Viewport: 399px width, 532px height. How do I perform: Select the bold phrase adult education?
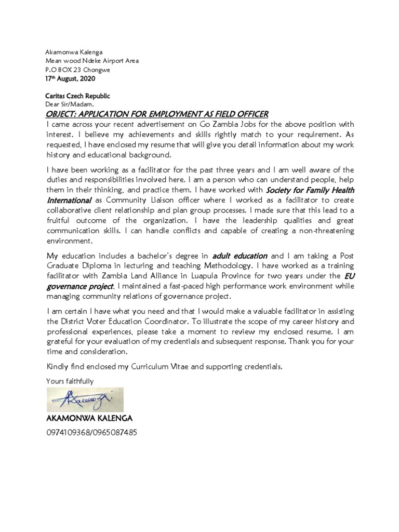tap(240, 256)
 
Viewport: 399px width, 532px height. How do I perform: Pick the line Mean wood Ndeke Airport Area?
tap(92, 61)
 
